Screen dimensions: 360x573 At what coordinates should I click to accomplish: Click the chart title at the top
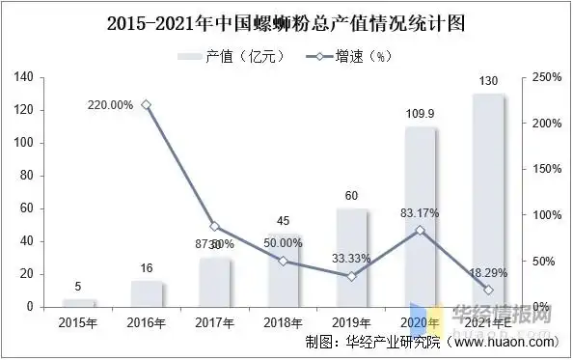pyautogui.click(x=286, y=19)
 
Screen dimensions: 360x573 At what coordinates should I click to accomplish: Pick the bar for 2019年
pyautogui.click(x=352, y=258)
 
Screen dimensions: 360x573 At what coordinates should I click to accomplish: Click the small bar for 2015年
pyautogui.click(x=78, y=303)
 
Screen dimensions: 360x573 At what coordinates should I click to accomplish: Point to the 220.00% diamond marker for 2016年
pyautogui.click(x=147, y=104)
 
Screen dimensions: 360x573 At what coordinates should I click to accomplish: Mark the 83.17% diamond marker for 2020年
pyautogui.click(x=420, y=230)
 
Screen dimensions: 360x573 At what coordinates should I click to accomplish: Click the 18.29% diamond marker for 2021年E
pyautogui.click(x=488, y=290)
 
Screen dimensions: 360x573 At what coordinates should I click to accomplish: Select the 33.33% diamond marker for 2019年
pyautogui.click(x=352, y=276)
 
